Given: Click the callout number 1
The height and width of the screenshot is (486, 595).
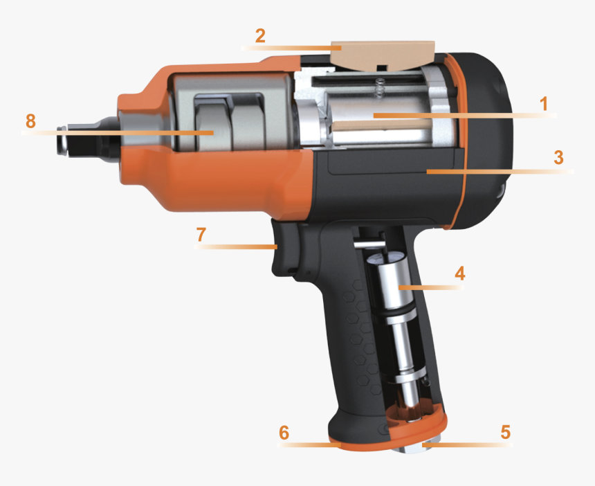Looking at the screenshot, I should point(544,104).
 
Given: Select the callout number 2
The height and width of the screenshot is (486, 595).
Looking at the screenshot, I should point(259,36).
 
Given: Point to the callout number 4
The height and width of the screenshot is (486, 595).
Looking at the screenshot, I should point(459,273).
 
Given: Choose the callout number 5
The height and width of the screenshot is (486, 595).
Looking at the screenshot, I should point(505,432).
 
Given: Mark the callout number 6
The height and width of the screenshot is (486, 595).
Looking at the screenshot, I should point(284,433).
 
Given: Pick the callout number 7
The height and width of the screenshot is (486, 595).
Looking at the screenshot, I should point(201,234).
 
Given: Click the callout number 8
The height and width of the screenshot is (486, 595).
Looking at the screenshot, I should point(30,121).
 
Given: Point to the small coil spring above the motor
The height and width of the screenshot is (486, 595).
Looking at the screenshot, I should point(378,88).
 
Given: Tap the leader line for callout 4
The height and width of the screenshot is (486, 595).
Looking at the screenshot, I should point(429,285).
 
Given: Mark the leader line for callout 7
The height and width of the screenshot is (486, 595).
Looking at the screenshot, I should point(235,246).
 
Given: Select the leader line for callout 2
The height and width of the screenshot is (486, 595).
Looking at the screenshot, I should point(291,48).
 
